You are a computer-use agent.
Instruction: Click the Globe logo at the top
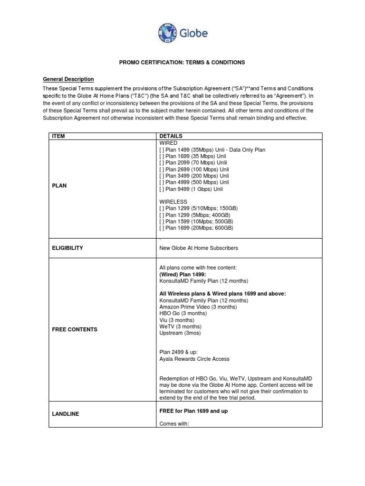pos(182,33)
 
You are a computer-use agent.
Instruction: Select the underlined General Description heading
pos(68,79)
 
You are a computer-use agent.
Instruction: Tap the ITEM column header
pos(58,136)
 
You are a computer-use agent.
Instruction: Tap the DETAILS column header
pos(171,136)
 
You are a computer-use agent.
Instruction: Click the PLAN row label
pos(59,186)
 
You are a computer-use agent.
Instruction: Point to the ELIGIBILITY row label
pos(67,248)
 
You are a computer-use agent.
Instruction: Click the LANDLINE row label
pos(66,414)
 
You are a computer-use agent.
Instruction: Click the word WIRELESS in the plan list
pos(173,202)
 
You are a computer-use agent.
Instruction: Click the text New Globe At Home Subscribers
pos(199,248)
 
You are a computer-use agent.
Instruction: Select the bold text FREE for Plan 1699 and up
pos(193,411)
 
